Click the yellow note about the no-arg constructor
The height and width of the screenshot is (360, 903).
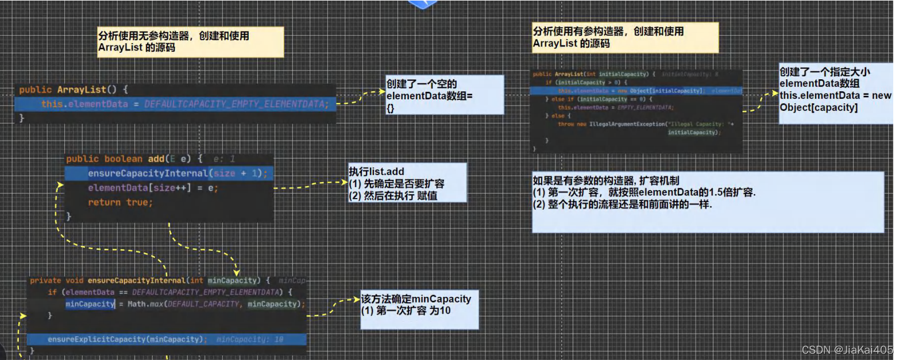(x=190, y=42)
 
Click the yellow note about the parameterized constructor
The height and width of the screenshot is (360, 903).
(x=625, y=37)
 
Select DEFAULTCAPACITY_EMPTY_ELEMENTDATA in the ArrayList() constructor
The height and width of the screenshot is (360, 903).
(x=236, y=104)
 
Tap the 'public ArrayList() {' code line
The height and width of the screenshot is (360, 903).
(x=74, y=90)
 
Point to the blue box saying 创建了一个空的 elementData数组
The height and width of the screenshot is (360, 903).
(x=445, y=95)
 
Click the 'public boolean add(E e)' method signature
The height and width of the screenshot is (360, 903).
(x=134, y=159)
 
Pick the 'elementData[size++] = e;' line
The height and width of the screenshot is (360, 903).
(x=153, y=188)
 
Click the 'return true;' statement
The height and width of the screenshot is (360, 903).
(x=120, y=202)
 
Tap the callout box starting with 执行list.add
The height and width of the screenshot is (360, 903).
(x=407, y=183)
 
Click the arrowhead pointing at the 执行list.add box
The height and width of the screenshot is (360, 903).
(x=344, y=183)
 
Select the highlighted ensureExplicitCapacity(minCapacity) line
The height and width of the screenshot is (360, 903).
(x=126, y=339)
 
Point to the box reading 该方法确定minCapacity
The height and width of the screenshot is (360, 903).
(x=419, y=309)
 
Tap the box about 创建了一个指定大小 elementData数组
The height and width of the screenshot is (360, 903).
(x=835, y=93)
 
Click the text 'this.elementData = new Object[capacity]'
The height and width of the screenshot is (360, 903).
(x=835, y=101)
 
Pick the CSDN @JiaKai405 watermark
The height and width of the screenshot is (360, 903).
(x=847, y=350)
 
